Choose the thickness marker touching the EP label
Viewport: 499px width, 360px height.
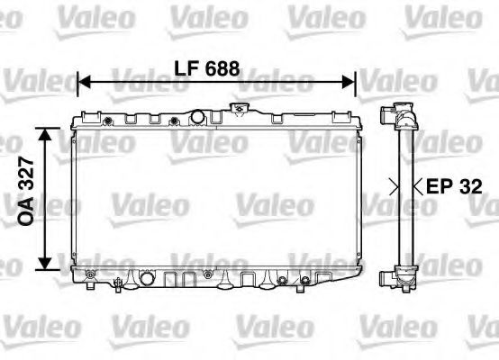tap(417, 187)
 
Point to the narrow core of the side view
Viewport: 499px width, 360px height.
tap(404, 193)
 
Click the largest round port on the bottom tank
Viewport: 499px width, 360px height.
tap(92, 272)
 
